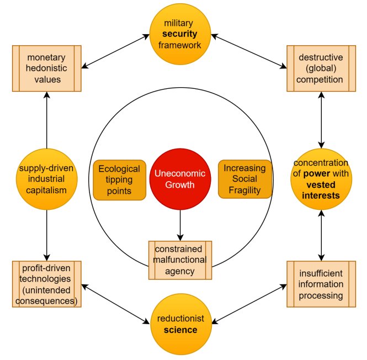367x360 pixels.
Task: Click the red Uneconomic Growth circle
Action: click(x=180, y=179)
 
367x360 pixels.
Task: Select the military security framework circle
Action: click(x=180, y=34)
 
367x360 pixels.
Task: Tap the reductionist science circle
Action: click(x=180, y=324)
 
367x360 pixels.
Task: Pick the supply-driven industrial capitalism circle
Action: click(x=46, y=179)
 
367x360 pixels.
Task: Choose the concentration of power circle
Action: click(x=321, y=179)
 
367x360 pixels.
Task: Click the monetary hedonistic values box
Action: click(x=46, y=68)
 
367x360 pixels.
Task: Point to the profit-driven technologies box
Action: click(x=46, y=284)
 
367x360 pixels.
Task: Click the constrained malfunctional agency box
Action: click(x=180, y=260)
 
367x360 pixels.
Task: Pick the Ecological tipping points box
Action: click(x=119, y=180)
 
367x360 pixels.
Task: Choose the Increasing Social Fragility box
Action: click(x=245, y=179)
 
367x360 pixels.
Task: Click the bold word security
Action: click(x=180, y=34)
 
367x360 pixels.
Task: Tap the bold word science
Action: click(x=180, y=330)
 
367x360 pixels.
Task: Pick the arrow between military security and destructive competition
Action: click(x=249, y=51)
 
